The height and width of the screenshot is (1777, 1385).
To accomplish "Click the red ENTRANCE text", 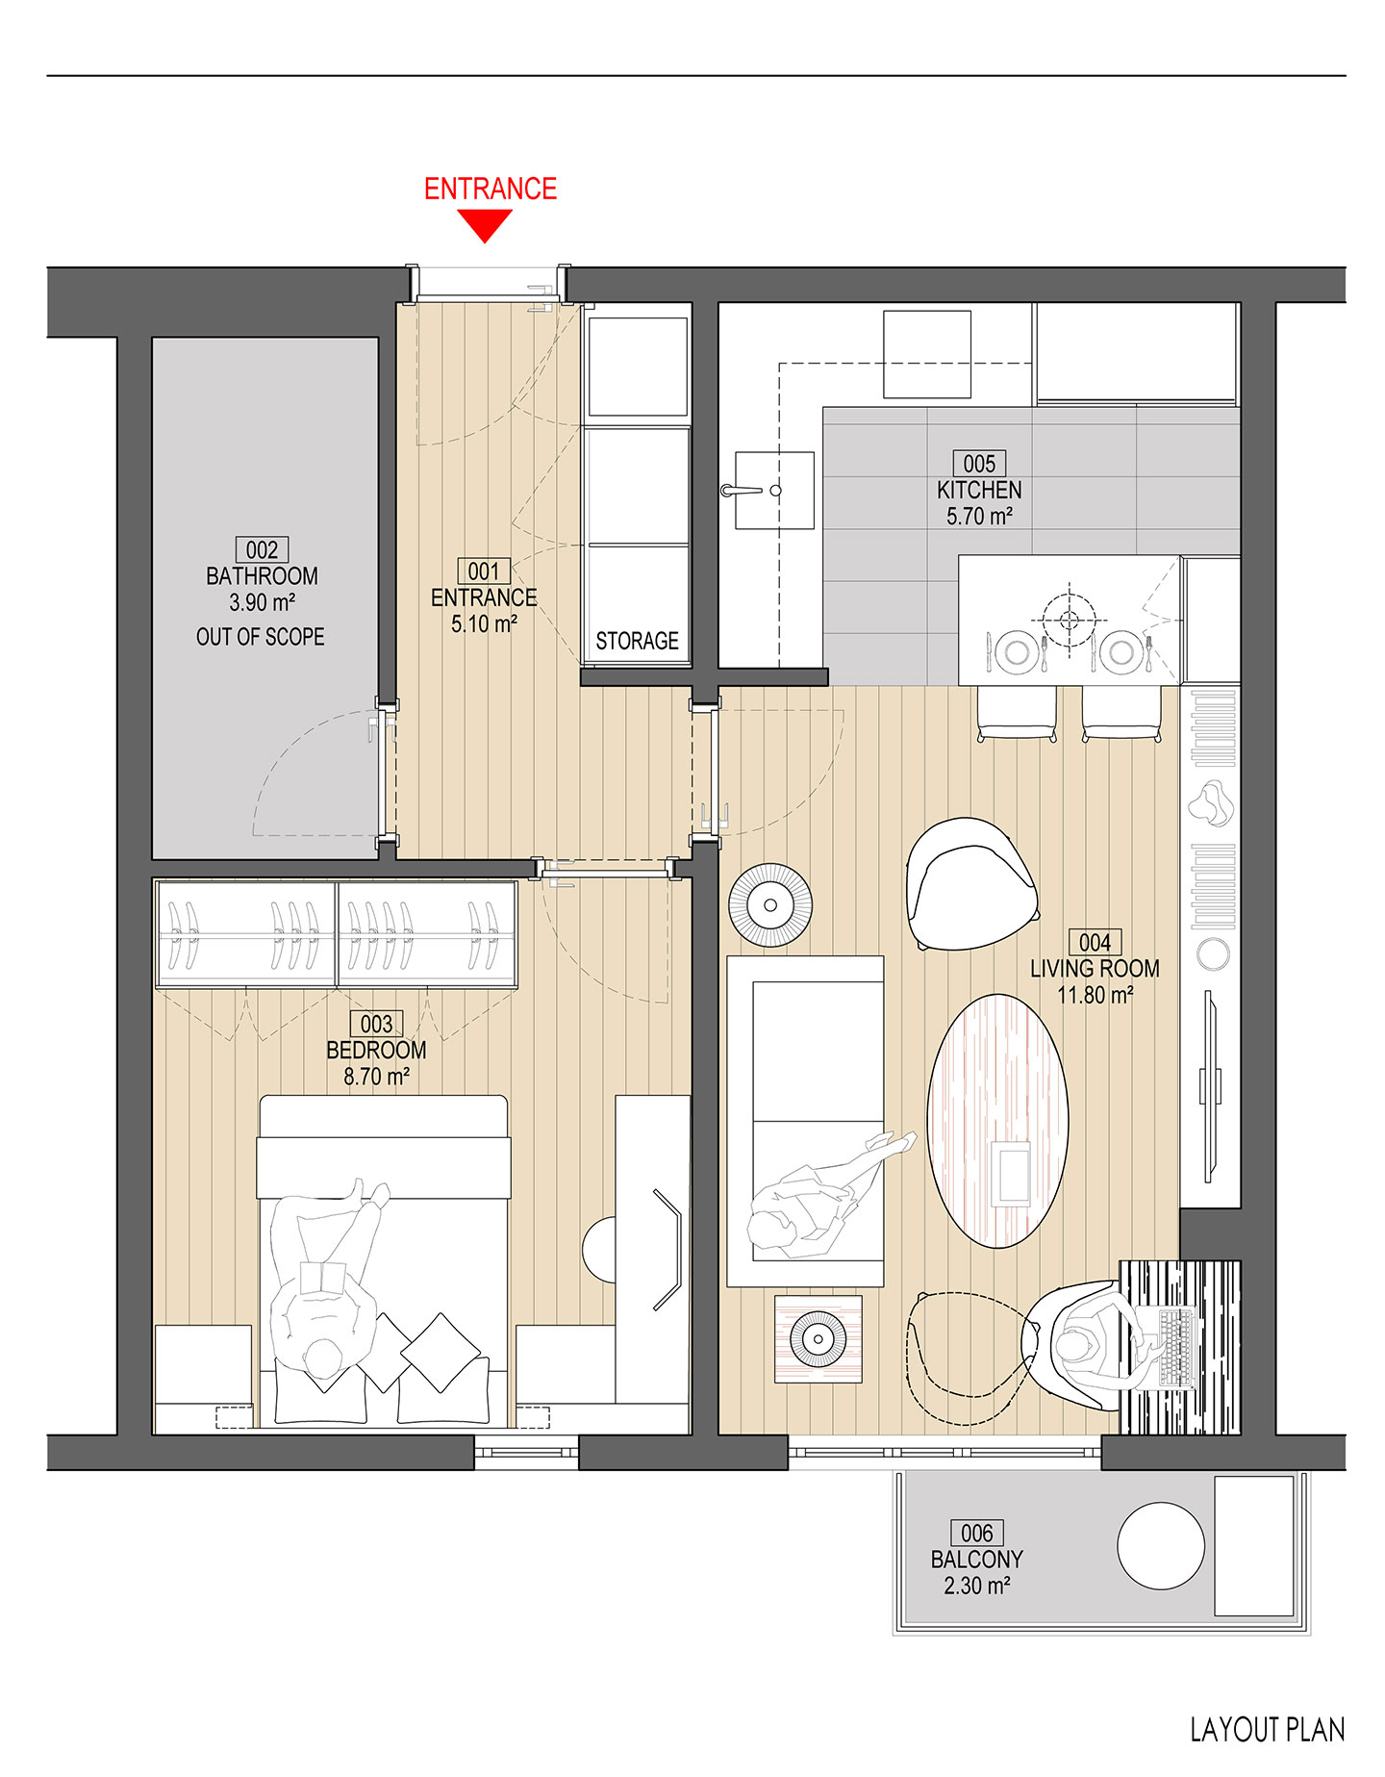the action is tap(491, 189).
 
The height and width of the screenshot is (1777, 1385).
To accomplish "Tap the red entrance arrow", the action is tap(485, 226).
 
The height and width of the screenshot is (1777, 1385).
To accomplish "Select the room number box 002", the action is tap(262, 549).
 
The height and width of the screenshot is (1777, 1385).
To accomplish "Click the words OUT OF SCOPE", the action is tap(261, 637).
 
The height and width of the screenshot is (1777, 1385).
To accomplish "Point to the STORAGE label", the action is tap(637, 641).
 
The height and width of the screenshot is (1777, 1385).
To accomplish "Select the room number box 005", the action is tap(979, 463).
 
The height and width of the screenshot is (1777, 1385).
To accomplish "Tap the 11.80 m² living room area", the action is tap(1095, 995).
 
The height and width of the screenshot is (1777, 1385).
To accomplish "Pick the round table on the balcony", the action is tap(1161, 1546).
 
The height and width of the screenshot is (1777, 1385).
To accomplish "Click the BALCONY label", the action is tap(976, 1560).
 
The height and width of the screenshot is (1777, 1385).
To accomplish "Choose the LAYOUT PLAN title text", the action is tap(1268, 1730).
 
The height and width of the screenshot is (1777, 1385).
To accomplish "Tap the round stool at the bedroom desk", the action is tap(599, 1250).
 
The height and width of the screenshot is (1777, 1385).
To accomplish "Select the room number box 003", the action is tap(376, 1024).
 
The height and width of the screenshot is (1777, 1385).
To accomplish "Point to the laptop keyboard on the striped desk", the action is tap(1175, 1348).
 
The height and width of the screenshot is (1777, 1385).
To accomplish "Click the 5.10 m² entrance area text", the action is tap(485, 623).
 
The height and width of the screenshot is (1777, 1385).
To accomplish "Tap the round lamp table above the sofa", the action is tap(770, 905).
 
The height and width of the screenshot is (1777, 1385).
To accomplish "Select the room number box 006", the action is tap(977, 1533).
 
